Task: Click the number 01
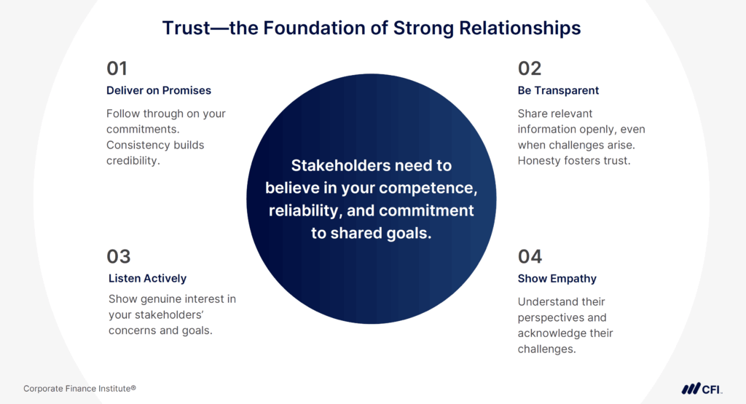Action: point(117,68)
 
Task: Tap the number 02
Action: point(530,68)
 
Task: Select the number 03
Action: point(119,256)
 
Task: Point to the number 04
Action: point(530,256)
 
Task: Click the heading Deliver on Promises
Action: point(159,91)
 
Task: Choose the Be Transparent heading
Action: point(558,91)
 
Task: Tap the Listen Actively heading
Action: point(147,278)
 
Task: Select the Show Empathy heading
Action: point(557,278)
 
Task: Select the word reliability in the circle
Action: point(304,211)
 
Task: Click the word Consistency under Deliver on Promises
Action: point(139,145)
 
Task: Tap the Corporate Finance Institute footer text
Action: point(79,389)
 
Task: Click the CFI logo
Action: point(702,388)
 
